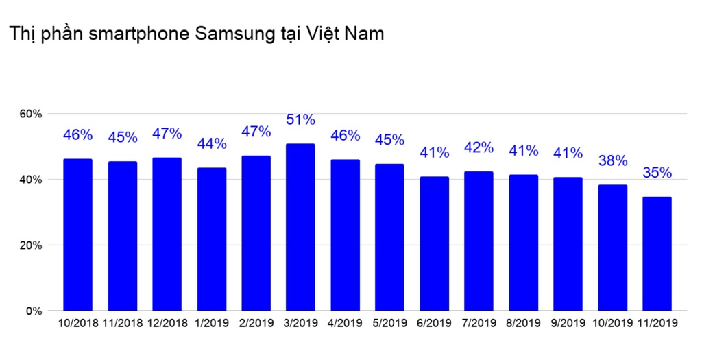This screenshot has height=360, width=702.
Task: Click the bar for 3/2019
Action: pos(300,227)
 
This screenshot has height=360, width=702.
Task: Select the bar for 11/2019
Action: pos(657,254)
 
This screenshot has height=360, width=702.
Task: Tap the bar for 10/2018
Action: pos(77,235)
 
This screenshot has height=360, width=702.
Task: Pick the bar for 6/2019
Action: pos(434,243)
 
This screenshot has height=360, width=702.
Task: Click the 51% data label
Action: pos(300,120)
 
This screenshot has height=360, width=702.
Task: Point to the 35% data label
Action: pos(657,173)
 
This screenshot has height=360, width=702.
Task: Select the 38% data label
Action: pos(612,161)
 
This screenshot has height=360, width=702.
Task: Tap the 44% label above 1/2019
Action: pos(211,143)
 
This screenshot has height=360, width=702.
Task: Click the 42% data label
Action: pos(479,147)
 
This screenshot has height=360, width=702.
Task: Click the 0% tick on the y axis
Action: pos(35,311)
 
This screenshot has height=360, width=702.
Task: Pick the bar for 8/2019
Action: pos(523,243)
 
